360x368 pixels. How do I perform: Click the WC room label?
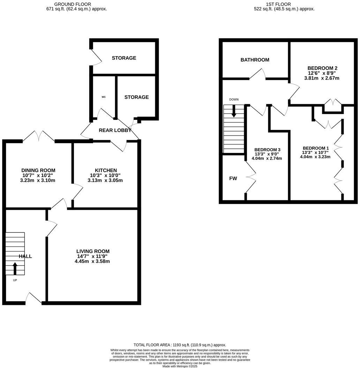click(x=104, y=97)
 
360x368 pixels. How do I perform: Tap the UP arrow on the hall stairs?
click(x=15, y=269)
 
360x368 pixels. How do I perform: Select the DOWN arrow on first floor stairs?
click(x=234, y=110)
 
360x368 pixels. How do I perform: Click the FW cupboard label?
click(x=233, y=178)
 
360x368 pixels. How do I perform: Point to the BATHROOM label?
click(x=255, y=60)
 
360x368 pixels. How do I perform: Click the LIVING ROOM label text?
click(x=93, y=251)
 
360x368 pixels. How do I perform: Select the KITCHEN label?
click(x=106, y=170)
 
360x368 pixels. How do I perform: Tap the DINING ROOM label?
click(x=38, y=170)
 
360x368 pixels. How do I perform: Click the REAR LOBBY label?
click(x=115, y=130)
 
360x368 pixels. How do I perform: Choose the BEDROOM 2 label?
click(x=322, y=68)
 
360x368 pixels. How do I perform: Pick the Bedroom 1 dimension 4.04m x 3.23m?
click(x=315, y=157)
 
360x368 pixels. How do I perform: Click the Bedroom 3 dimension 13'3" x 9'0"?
click(x=267, y=154)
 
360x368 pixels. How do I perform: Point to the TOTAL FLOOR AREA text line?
click(x=180, y=345)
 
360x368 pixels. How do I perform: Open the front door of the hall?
click(x=34, y=298)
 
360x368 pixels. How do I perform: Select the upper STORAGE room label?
click(x=124, y=58)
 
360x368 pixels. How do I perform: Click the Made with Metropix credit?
click(x=180, y=366)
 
